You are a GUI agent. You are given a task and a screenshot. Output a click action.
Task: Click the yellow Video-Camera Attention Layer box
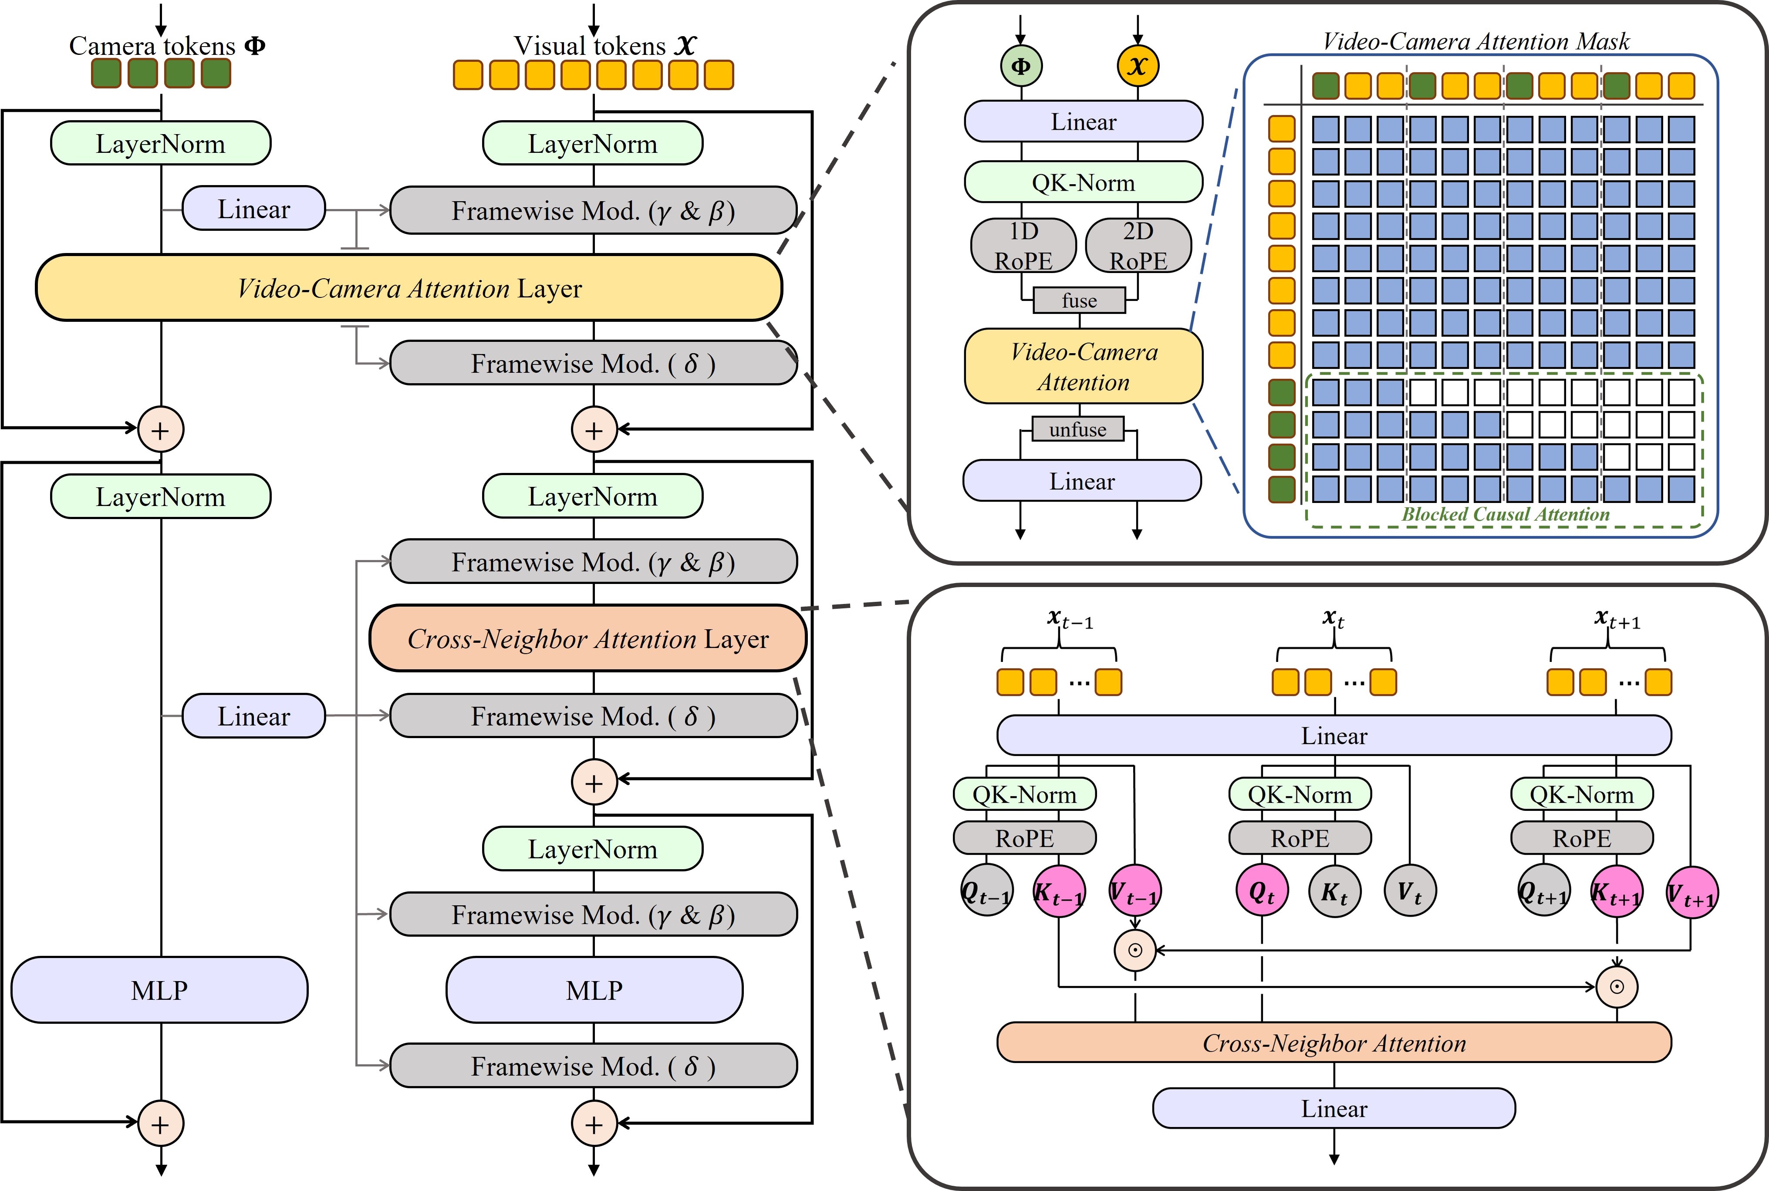pyautogui.click(x=408, y=288)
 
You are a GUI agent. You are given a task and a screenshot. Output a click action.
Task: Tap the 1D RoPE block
pyautogui.click(x=1023, y=245)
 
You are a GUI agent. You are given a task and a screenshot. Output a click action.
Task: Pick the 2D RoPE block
pyautogui.click(x=1138, y=245)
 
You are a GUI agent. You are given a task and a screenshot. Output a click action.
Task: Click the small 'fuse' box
pyautogui.click(x=1079, y=301)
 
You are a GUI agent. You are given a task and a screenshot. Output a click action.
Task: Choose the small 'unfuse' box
pyautogui.click(x=1078, y=429)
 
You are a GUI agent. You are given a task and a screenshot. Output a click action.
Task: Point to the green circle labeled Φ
pyautogui.click(x=1021, y=66)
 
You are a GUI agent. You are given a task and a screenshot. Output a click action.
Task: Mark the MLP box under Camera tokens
pyautogui.click(x=159, y=990)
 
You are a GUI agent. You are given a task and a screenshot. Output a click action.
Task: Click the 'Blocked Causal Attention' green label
pyautogui.click(x=1506, y=514)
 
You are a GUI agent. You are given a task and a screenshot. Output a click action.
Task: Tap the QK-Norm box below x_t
pyautogui.click(x=1300, y=794)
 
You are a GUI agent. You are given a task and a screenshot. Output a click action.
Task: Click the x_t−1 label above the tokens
pyautogui.click(x=1070, y=620)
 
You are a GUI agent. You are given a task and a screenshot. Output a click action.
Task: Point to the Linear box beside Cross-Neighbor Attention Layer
pyautogui.click(x=254, y=715)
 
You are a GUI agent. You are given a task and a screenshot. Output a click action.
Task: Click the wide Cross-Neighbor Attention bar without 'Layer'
pyautogui.click(x=1334, y=1043)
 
